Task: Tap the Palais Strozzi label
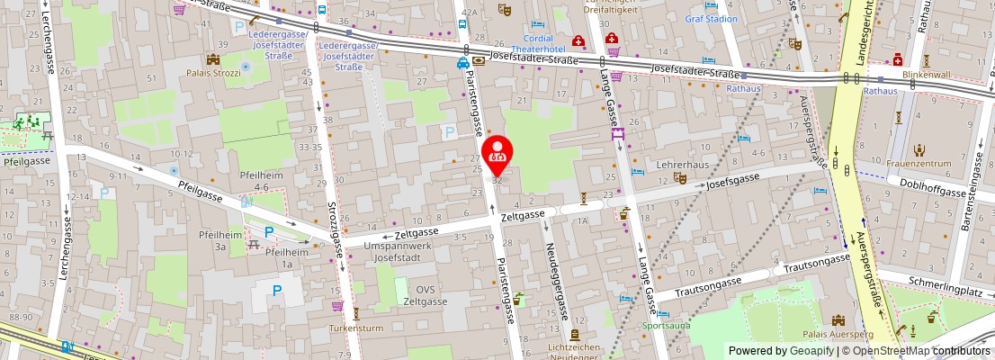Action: coord(213,72)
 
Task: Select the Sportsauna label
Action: coord(666,325)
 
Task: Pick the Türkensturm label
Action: coord(357,328)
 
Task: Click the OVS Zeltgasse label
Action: coord(425,294)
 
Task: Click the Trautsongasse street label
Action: coord(816,260)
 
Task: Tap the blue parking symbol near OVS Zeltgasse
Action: coord(277,291)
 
